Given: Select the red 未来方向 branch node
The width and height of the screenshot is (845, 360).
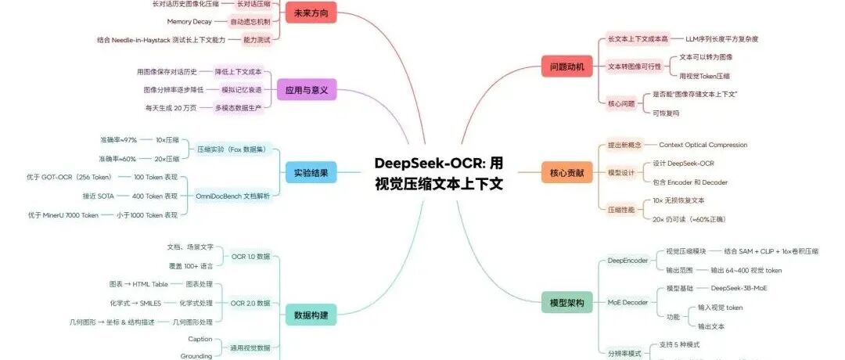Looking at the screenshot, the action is click(x=311, y=13).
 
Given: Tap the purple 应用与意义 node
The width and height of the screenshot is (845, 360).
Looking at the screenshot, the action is click(x=307, y=91).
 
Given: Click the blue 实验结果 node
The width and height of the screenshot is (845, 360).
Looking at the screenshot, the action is click(x=311, y=172).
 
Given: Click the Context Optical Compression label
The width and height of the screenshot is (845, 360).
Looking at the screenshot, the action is click(x=703, y=145).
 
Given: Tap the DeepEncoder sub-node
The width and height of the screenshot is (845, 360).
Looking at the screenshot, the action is click(x=627, y=261).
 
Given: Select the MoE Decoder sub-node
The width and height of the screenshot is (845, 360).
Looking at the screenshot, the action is click(x=627, y=302).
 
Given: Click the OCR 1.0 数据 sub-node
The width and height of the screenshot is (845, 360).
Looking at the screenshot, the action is click(x=250, y=257).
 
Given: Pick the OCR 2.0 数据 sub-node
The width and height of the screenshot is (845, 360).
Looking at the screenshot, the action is click(x=250, y=303).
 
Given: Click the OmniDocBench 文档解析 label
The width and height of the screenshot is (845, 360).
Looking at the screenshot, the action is click(x=232, y=196).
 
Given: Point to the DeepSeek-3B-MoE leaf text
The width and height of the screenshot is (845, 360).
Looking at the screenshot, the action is click(x=739, y=288).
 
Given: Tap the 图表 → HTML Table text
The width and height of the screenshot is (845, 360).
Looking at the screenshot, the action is click(x=138, y=284).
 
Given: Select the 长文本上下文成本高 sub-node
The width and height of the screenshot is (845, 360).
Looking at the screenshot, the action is click(x=638, y=38).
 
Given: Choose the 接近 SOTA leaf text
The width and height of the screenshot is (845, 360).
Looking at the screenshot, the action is click(x=98, y=196).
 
